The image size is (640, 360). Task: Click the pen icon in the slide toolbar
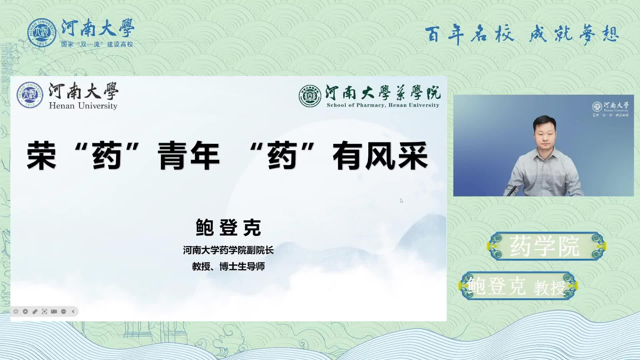pos(35,311)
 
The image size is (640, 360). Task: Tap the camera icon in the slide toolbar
pos(54,311)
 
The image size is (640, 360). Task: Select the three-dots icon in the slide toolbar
pos(64,311)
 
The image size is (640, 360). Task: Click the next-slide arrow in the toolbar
pos(25,311)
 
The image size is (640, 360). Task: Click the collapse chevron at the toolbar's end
pos(73,311)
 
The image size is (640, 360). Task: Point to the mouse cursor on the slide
pos(402,201)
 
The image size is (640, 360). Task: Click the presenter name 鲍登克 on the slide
pos(228,228)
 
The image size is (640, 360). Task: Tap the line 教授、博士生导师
pos(228,266)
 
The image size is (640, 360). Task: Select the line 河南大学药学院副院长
pos(228,250)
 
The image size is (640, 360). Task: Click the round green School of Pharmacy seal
pos(310,96)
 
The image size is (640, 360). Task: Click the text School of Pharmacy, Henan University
pos(383,105)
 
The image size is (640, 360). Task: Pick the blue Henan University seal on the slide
pos(30,95)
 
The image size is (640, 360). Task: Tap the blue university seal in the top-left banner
pos(42,33)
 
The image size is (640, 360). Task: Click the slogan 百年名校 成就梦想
pos(522,34)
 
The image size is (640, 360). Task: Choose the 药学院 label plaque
pos(546,246)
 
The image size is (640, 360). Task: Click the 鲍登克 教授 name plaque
pos(518,286)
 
